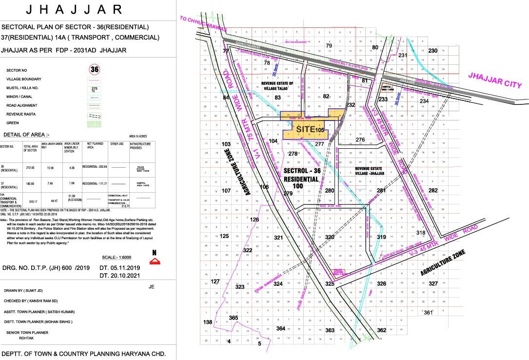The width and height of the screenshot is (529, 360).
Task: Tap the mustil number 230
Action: pos(432,51)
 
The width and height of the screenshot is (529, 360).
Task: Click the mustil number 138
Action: pos(208,322)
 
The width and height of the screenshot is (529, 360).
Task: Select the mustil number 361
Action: pos(428,312)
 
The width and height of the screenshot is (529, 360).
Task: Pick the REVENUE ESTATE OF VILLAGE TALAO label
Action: pos(277,86)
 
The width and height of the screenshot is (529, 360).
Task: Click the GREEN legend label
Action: pos(13,123)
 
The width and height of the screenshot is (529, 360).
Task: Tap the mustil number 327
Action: pos(433,283)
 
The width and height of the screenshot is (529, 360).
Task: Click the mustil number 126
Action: pos(255,220)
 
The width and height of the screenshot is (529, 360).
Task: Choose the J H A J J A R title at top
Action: pos(74,9)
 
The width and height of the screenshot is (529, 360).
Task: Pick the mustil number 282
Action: pos(432,190)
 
